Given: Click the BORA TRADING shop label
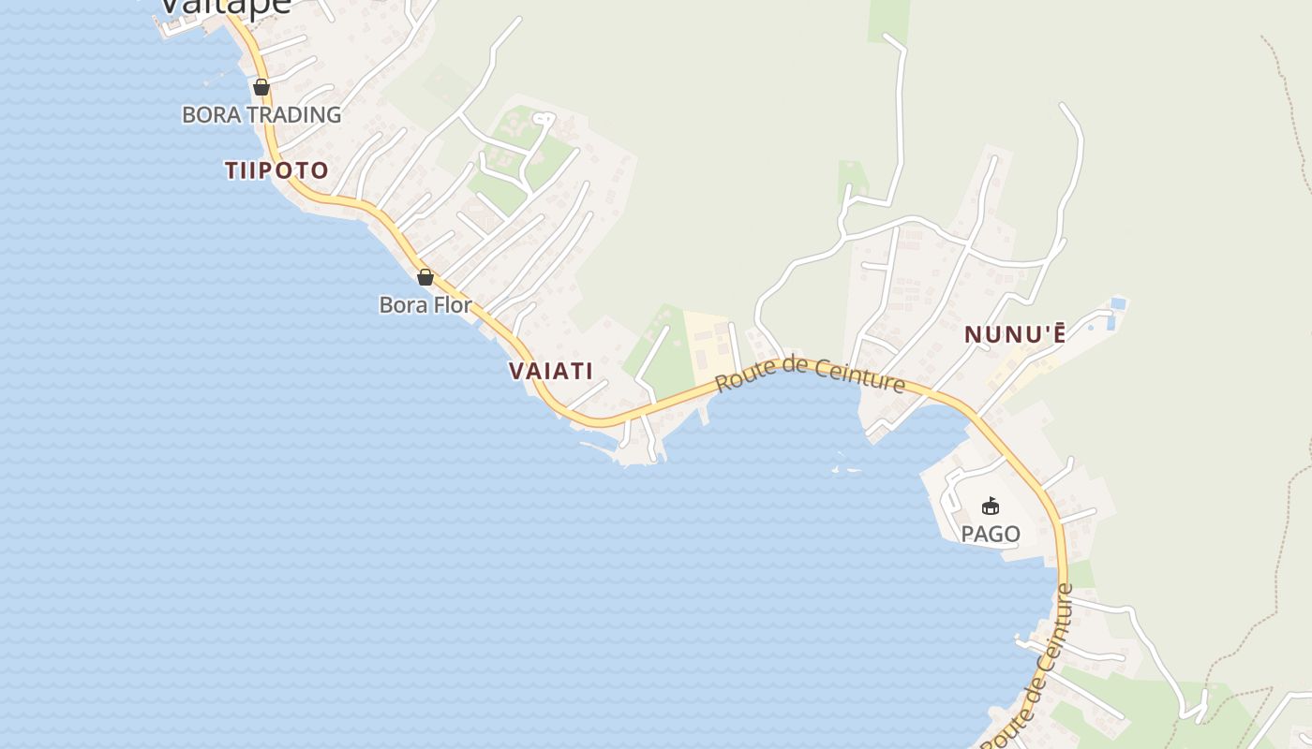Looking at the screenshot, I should pyautogui.click(x=261, y=115).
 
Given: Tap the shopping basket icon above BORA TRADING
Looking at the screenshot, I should pyautogui.click(x=261, y=87).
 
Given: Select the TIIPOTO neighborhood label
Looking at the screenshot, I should pyautogui.click(x=276, y=170).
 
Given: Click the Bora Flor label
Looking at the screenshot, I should pyautogui.click(x=425, y=304).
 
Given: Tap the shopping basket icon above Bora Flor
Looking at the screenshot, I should pyautogui.click(x=425, y=277).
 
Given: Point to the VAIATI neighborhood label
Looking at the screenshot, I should pyautogui.click(x=551, y=371).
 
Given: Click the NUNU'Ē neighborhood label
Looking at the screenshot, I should pyautogui.click(x=1015, y=334).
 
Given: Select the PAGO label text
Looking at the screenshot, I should pyautogui.click(x=991, y=534).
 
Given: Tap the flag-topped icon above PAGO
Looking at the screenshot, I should pyautogui.click(x=991, y=507).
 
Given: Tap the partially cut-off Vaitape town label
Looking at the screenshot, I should pyautogui.click(x=225, y=6).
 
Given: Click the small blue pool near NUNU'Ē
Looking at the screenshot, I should pyautogui.click(x=1116, y=304).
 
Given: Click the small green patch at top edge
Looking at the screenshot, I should pyautogui.click(x=888, y=19).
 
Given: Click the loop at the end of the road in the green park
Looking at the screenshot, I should pyautogui.click(x=544, y=119).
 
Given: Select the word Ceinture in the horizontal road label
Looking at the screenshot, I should pyautogui.click(x=858, y=377).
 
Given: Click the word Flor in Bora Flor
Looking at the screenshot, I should pyautogui.click(x=453, y=304).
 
